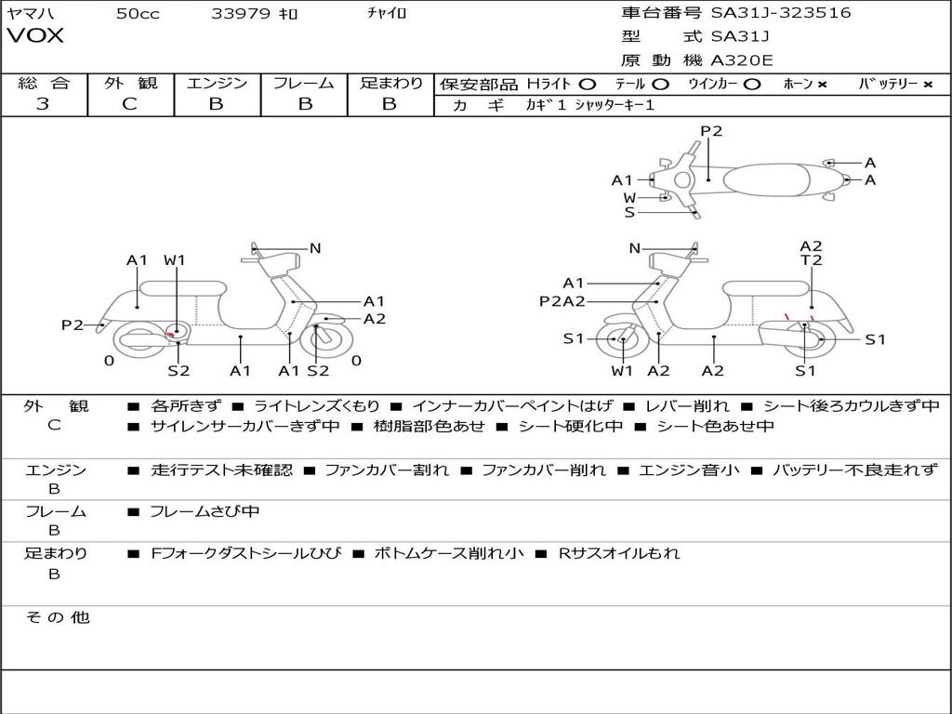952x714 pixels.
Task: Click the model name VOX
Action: click(35, 36)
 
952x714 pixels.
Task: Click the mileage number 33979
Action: click(241, 13)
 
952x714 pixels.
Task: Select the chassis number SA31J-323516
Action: click(781, 13)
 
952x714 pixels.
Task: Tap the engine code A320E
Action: click(742, 60)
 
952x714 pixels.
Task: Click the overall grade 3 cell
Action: click(43, 104)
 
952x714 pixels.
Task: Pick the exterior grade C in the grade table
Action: click(129, 104)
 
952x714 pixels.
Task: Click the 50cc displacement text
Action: click(138, 13)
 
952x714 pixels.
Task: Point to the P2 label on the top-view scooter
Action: click(711, 131)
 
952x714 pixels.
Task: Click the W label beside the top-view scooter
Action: click(629, 197)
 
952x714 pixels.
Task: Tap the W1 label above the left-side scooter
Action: click(175, 260)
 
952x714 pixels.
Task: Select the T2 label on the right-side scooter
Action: click(811, 260)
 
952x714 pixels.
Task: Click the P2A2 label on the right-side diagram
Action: click(562, 301)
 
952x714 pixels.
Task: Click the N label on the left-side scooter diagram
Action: click(315, 248)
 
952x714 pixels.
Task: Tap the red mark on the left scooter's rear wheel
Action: click(170, 333)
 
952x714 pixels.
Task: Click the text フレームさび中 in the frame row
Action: click(205, 511)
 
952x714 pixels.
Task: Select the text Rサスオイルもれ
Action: click(618, 553)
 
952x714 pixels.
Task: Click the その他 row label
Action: click(57, 617)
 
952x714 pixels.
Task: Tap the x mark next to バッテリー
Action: click(927, 84)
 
